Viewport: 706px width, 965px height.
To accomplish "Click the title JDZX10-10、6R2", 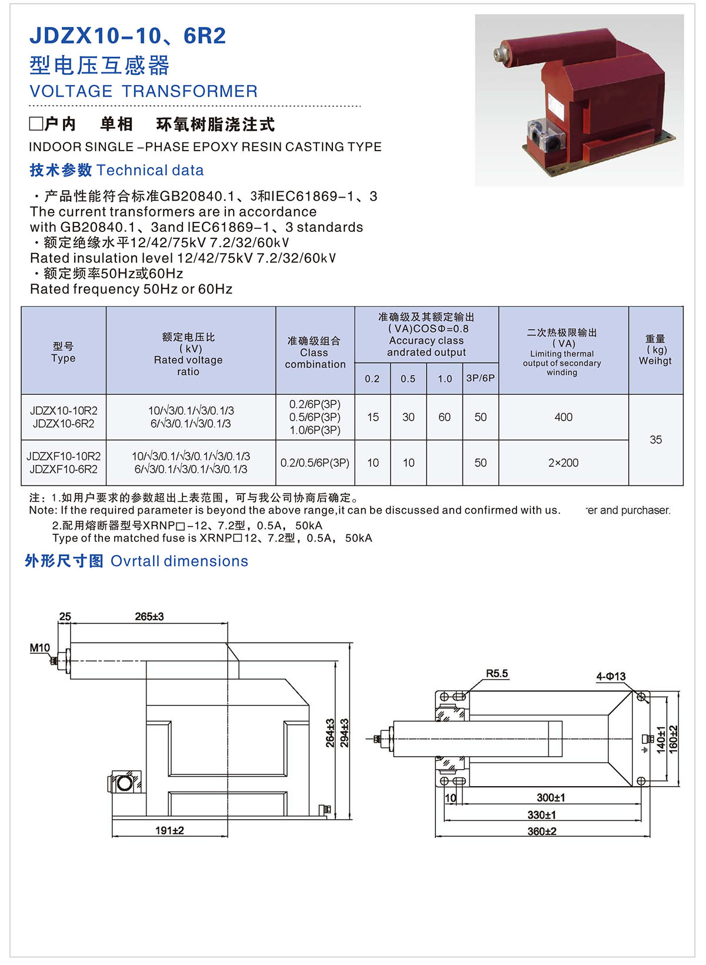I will coord(128,36).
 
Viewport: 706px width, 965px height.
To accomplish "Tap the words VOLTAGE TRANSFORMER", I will coord(144,91).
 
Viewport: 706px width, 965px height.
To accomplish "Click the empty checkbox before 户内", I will coord(36,124).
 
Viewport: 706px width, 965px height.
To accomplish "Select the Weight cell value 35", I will coord(655,440).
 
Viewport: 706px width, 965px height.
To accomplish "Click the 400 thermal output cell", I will coord(563,417).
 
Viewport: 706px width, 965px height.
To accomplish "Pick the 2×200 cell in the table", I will coord(563,463).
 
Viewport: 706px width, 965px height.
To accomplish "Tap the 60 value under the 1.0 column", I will coord(444,417).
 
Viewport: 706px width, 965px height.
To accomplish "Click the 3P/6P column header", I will coord(480,378).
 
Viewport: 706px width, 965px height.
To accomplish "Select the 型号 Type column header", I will coord(64,352).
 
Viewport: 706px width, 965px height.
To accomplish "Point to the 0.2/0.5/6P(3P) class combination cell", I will coord(315,463).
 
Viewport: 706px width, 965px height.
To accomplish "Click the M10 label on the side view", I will coord(40,648).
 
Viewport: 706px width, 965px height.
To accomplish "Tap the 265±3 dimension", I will coord(149,617).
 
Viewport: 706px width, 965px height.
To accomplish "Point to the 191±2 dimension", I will coord(169,830).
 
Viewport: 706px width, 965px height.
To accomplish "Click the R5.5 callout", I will coord(497,674).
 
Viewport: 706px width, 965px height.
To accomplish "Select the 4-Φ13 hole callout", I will coord(611,677).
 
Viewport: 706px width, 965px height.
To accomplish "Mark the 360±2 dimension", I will coord(542,831).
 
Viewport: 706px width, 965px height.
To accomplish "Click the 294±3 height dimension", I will coord(345,733).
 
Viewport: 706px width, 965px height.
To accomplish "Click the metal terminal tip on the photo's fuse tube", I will coord(499,53).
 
